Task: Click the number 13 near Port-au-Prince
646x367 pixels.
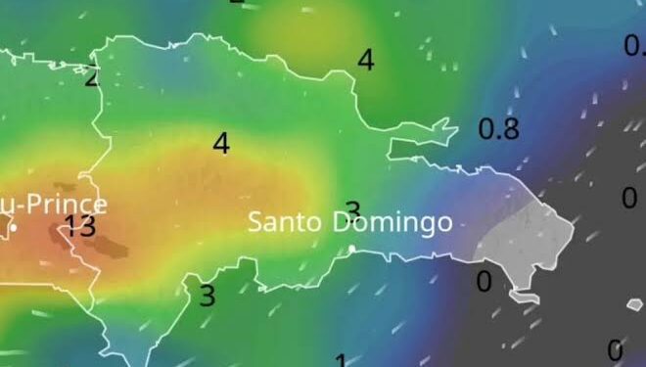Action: click(x=80, y=227)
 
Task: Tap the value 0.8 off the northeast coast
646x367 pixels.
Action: click(x=498, y=128)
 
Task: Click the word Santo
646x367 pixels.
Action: click(x=285, y=222)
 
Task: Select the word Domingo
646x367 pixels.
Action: click(x=392, y=223)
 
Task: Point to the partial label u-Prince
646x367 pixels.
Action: click(x=54, y=205)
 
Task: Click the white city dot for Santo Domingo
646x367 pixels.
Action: click(x=352, y=249)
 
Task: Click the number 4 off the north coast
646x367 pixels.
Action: click(x=365, y=60)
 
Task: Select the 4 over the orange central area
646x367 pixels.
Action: click(x=221, y=143)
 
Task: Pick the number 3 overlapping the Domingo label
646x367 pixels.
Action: click(x=353, y=210)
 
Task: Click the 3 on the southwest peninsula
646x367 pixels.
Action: click(x=207, y=295)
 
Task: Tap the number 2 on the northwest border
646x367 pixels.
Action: click(x=92, y=76)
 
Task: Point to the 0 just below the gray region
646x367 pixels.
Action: click(x=484, y=282)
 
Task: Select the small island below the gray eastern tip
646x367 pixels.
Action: click(x=524, y=294)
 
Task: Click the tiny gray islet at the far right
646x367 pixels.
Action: click(x=635, y=304)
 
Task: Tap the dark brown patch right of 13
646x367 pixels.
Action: click(x=112, y=245)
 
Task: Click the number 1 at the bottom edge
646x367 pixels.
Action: click(x=341, y=360)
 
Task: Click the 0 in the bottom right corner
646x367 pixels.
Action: click(x=615, y=349)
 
